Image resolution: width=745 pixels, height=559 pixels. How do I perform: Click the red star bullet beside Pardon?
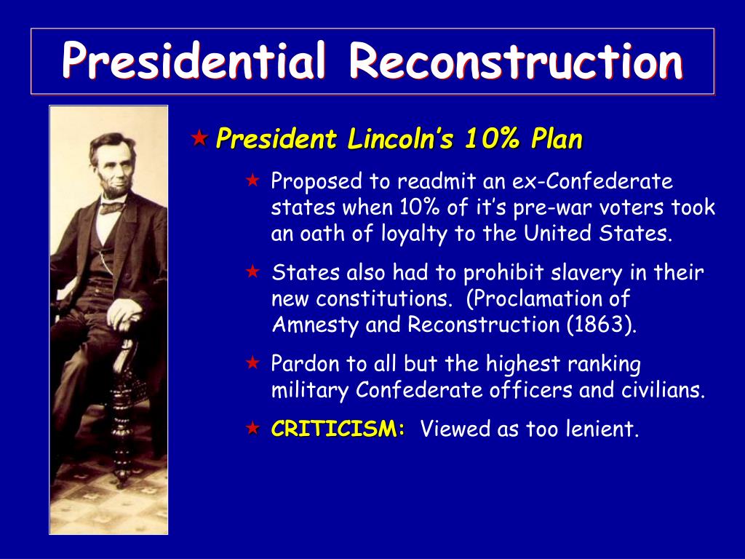click(x=252, y=362)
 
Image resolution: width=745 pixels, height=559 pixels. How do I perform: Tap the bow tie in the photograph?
click(x=111, y=207)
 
